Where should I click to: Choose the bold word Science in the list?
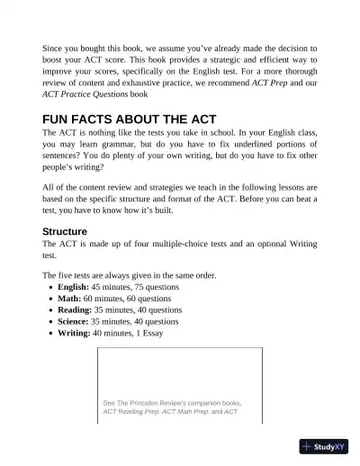click(x=73, y=321)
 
